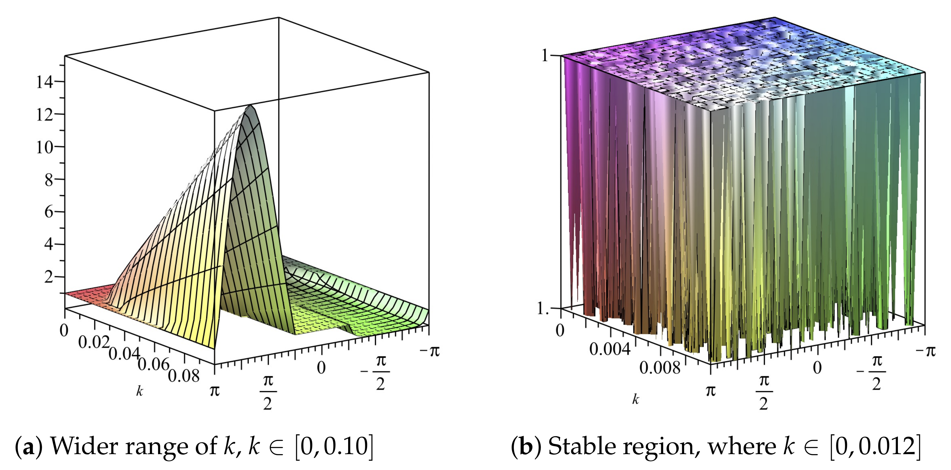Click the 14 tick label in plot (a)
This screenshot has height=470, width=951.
click(44, 82)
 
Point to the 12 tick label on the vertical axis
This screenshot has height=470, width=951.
click(44, 115)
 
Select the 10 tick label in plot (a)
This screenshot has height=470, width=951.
click(44, 148)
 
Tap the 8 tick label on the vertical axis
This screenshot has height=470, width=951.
click(49, 180)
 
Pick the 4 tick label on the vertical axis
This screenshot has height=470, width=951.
click(49, 244)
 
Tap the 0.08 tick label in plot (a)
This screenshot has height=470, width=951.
click(183, 376)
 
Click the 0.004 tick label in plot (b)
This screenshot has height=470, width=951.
click(610, 349)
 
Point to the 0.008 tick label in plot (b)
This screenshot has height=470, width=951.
click(659, 368)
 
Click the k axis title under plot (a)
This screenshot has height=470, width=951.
click(139, 391)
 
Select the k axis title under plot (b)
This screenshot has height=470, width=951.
click(635, 399)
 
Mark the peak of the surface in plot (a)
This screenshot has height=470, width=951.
click(251, 106)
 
